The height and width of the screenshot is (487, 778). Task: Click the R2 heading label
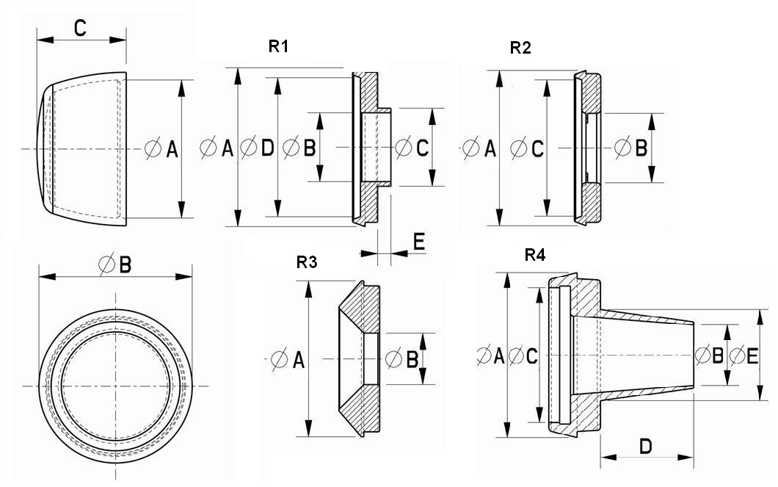click(x=520, y=48)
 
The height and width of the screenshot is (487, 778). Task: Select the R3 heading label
click(x=307, y=263)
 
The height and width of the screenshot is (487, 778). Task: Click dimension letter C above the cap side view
click(x=81, y=29)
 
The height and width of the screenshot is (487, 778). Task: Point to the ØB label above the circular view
click(x=115, y=264)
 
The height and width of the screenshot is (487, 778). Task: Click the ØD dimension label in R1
click(x=258, y=148)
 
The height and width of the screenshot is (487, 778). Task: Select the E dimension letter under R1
click(x=419, y=242)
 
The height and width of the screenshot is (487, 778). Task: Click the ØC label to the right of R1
click(x=412, y=148)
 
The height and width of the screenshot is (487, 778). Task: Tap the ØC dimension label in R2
click(x=527, y=149)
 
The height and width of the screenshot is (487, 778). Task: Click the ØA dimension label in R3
click(x=287, y=360)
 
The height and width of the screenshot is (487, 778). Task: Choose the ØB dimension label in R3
click(x=402, y=360)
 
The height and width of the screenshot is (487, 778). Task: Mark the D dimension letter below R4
click(x=646, y=446)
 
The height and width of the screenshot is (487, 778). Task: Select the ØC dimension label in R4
click(x=524, y=356)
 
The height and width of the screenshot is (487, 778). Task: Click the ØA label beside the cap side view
click(x=161, y=149)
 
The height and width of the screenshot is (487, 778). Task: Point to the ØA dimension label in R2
click(x=481, y=149)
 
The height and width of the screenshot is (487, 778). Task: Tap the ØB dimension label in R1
click(x=299, y=148)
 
